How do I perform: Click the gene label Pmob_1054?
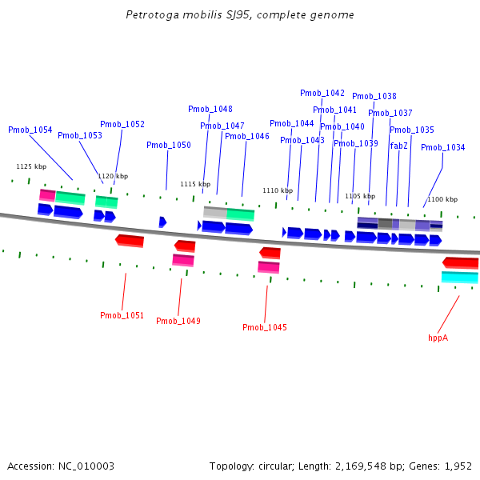pyautogui.click(x=30, y=130)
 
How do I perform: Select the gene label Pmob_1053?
pyautogui.click(x=80, y=135)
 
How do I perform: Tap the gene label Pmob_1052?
pyautogui.click(x=122, y=124)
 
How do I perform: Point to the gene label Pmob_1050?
pyautogui.click(x=169, y=145)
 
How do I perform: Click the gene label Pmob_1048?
pyautogui.click(x=210, y=109)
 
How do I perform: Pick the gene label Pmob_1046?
pyautogui.click(x=247, y=136)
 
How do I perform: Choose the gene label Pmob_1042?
pyautogui.click(x=322, y=93)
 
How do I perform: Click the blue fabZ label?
pyautogui.click(x=399, y=146)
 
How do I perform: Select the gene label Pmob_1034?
pyautogui.click(x=443, y=147)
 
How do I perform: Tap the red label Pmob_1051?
pyautogui.click(x=122, y=315)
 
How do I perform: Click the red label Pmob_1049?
pyautogui.click(x=178, y=321)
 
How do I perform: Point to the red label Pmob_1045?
pyautogui.click(x=265, y=327)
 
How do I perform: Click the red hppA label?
pyautogui.click(x=438, y=338)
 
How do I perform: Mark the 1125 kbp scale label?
pyautogui.click(x=31, y=166)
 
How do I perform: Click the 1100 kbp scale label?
pyautogui.click(x=442, y=199)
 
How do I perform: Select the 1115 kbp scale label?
pyautogui.click(x=195, y=184)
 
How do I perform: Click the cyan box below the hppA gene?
pyautogui.click(x=460, y=278)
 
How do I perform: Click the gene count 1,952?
pyautogui.click(x=458, y=466)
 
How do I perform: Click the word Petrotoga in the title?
pyautogui.click(x=149, y=15)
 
